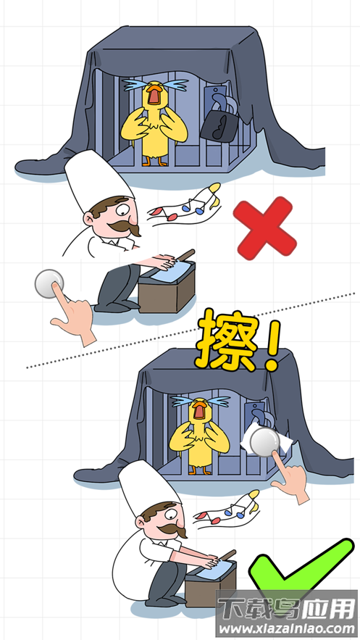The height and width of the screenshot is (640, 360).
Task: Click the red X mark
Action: click(264, 228)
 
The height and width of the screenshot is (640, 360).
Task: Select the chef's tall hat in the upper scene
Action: click(99, 180)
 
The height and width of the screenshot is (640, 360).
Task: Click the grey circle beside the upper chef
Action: click(49, 283)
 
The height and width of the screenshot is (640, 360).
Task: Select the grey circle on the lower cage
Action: click(265, 442)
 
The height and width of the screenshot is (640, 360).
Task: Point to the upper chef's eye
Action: click(124, 211)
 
